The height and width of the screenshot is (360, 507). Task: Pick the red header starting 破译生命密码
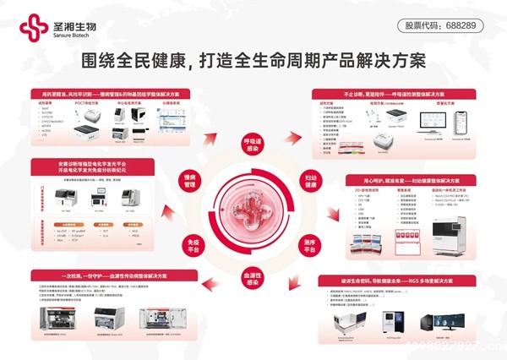[x=397, y=279]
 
